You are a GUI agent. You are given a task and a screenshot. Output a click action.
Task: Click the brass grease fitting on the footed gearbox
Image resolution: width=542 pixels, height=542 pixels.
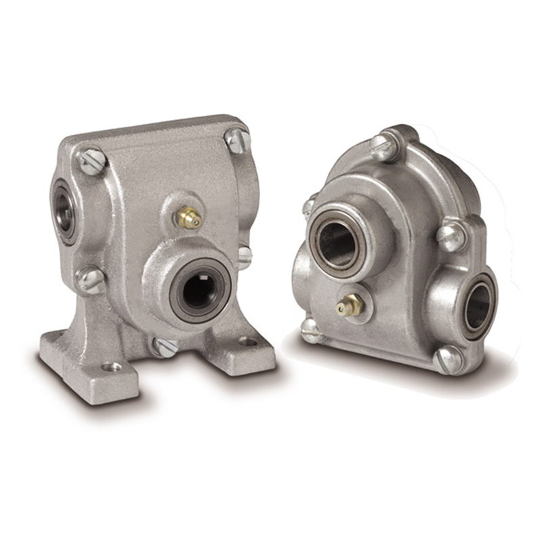pos(189,217)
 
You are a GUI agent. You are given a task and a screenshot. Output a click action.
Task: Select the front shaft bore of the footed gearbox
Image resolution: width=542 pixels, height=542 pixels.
pos(201,293)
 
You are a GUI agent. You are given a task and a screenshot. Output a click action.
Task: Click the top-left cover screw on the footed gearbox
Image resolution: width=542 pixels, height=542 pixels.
pos(91,162)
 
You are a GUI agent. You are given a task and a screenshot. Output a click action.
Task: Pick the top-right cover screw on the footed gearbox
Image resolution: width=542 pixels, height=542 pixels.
pos(237,140)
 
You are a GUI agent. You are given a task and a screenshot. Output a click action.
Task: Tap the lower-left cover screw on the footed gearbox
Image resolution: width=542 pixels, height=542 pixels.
pos(88,278)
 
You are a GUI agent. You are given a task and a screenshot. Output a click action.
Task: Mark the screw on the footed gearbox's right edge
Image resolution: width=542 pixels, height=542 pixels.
pos(245,256)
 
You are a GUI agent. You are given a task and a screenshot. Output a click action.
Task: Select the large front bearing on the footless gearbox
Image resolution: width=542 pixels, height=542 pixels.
pos(338,237)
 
